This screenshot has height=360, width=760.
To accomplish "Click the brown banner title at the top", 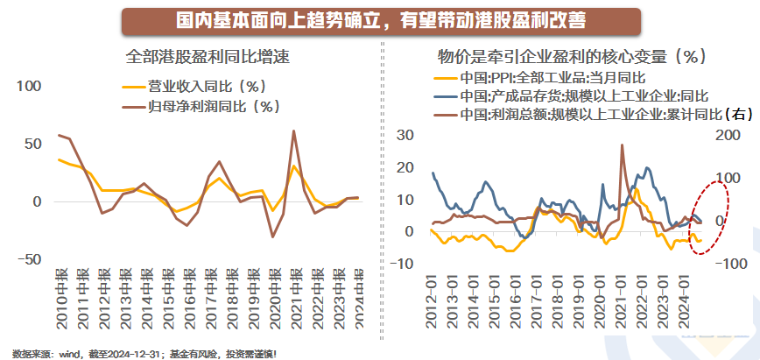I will tap(379, 19).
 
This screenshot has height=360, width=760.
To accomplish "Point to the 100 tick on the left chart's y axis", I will tap(29, 86).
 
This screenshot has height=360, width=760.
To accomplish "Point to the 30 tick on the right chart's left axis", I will tap(404, 134).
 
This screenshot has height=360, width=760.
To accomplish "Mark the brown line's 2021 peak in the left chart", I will tap(293, 131).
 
